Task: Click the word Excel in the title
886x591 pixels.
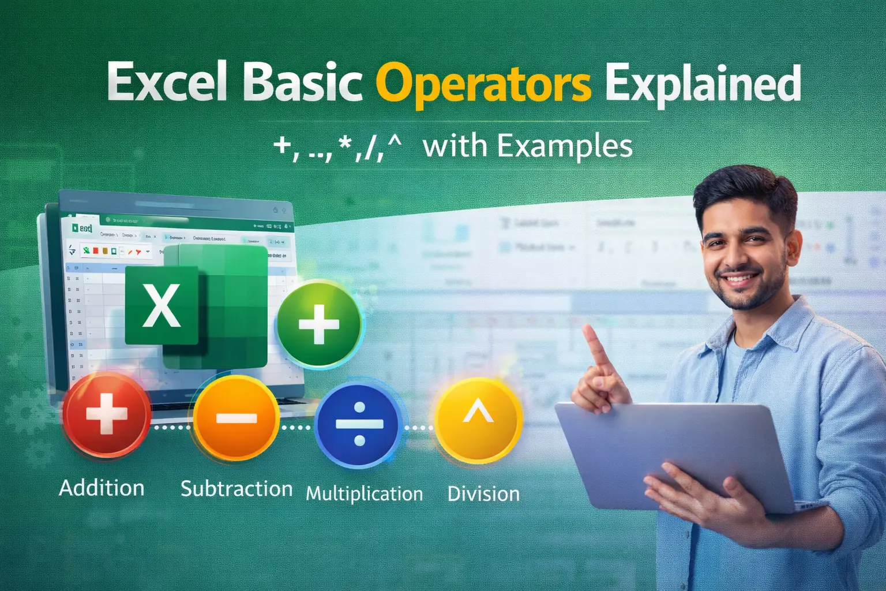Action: coord(167,83)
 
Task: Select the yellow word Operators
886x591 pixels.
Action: coord(483,84)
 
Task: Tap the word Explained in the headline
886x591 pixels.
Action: coord(703,84)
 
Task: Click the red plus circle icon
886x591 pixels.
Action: coord(106,414)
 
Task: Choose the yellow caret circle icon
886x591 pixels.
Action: coord(478,418)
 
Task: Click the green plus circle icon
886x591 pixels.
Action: coord(318,324)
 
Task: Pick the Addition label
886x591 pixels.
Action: coord(102,488)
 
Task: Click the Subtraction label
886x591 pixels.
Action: coord(236,489)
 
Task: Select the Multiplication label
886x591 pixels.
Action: coord(364,494)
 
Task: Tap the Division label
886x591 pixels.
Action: coord(483,494)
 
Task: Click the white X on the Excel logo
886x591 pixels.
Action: coord(162,306)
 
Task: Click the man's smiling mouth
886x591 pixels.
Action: coord(742,279)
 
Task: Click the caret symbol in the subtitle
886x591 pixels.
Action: coord(395,141)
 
